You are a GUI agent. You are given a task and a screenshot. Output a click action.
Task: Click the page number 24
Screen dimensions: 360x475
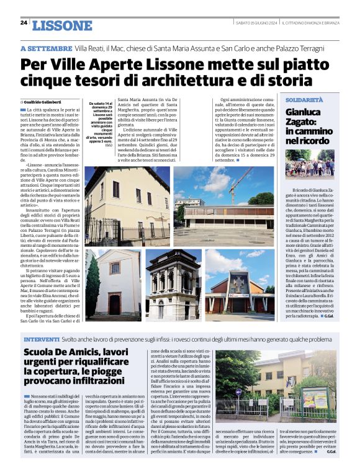pyautogui.click(x=24, y=24)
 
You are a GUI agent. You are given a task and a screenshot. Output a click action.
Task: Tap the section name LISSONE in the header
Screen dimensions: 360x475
pyautogui.click(x=61, y=25)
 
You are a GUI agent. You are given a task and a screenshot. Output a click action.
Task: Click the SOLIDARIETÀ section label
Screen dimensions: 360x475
pyautogui.click(x=305, y=100)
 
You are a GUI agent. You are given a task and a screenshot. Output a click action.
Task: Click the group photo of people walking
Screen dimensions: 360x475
pyautogui.click(x=309, y=164)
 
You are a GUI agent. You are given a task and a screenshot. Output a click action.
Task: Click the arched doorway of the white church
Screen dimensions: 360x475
pyautogui.click(x=115, y=304)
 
